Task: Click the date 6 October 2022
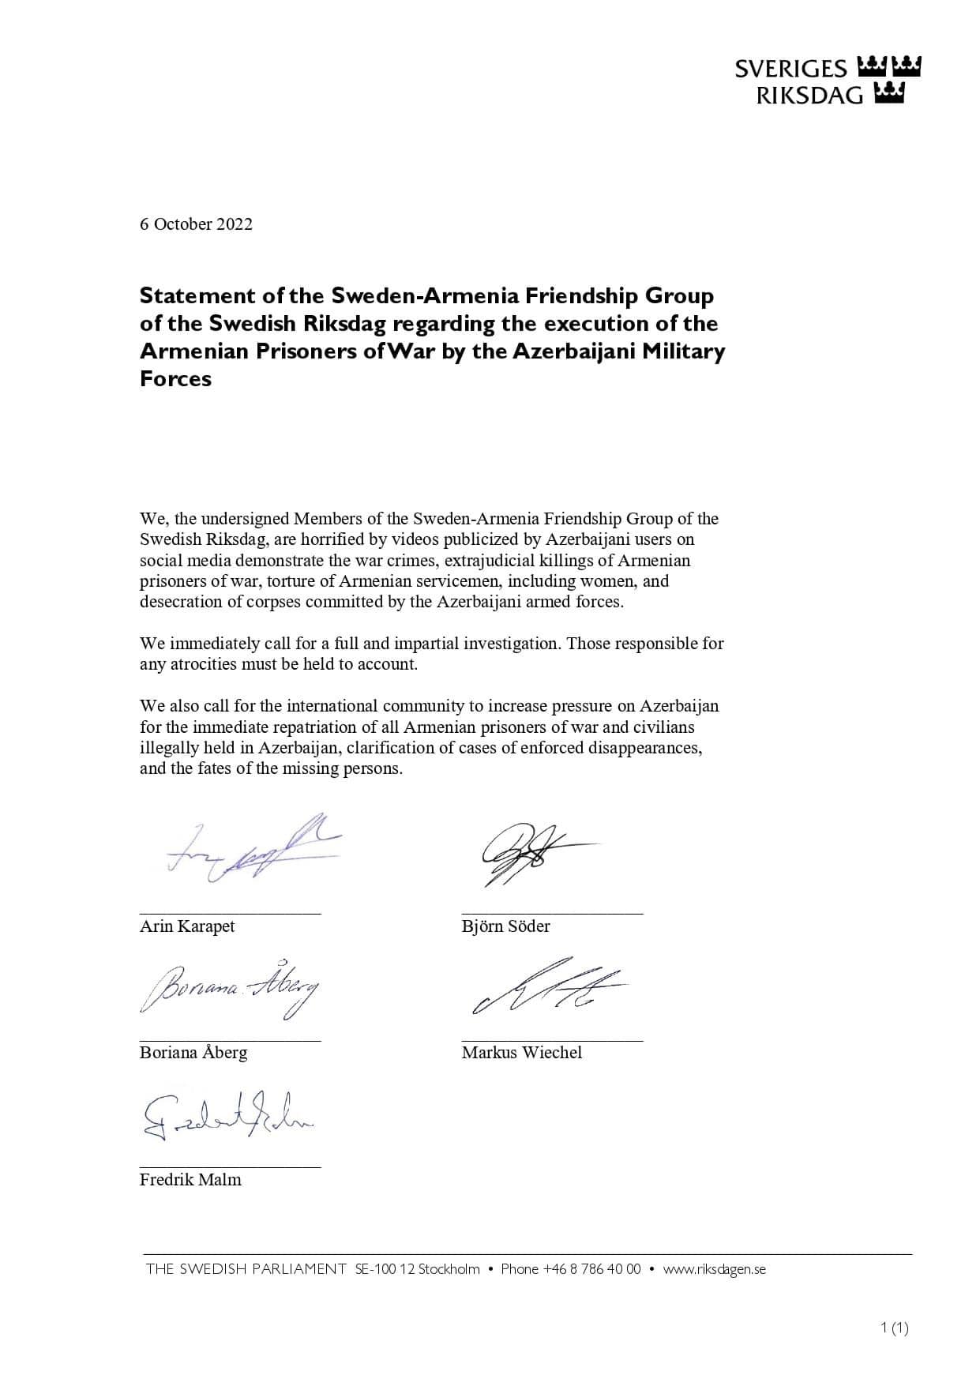pos(196,224)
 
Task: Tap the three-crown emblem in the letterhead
pos(888,80)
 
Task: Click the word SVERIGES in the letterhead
pos(790,69)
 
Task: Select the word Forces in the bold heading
pos(175,379)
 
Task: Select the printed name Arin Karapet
pos(187,926)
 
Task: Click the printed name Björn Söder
pos(505,926)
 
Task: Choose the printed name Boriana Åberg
pos(193,1053)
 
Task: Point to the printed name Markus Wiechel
pos(522,1053)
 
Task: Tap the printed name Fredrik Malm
pos(190,1180)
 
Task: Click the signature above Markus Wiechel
pos(545,987)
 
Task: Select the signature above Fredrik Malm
pos(227,1115)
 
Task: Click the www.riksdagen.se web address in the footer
pos(714,1269)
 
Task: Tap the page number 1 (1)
pos(894,1328)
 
